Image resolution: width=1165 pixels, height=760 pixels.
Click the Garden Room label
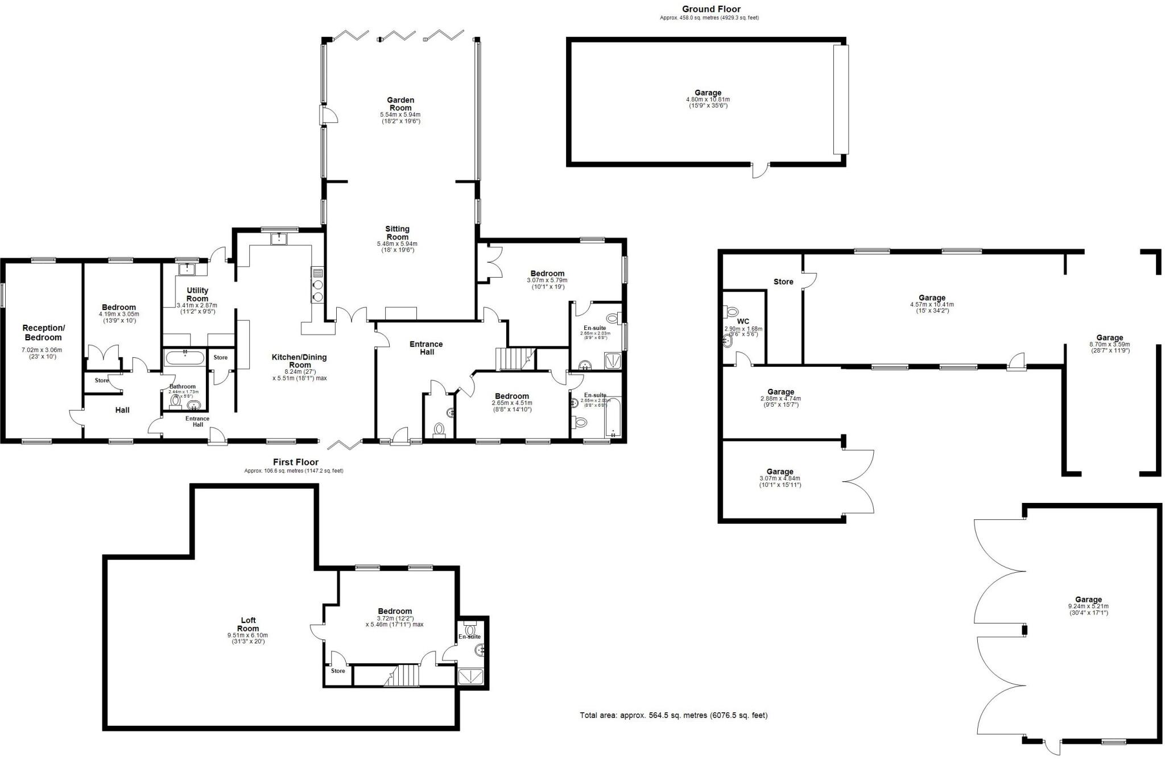(x=400, y=104)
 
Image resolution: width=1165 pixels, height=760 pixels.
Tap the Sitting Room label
(x=398, y=233)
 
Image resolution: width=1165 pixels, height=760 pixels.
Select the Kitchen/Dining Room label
(x=300, y=361)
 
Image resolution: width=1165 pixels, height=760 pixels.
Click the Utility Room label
(x=197, y=294)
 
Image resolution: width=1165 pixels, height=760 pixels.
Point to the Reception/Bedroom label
(x=43, y=333)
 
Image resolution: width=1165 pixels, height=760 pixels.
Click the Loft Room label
(x=248, y=624)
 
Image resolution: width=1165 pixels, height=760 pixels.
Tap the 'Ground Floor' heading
(x=711, y=9)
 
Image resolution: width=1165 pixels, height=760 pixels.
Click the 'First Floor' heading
(x=295, y=462)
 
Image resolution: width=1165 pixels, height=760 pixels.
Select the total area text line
(x=674, y=715)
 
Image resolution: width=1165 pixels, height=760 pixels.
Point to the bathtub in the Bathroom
(x=184, y=358)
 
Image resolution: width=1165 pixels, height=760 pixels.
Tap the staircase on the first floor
(x=403, y=676)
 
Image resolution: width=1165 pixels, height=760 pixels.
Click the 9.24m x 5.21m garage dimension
(x=1088, y=606)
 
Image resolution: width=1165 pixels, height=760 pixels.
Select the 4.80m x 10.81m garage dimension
(x=708, y=100)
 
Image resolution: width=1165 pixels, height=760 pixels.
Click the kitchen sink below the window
(x=279, y=238)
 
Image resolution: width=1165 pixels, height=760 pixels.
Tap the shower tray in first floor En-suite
(x=472, y=676)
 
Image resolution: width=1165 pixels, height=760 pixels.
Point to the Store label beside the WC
(x=783, y=282)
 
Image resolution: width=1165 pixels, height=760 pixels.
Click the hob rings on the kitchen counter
(x=317, y=291)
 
